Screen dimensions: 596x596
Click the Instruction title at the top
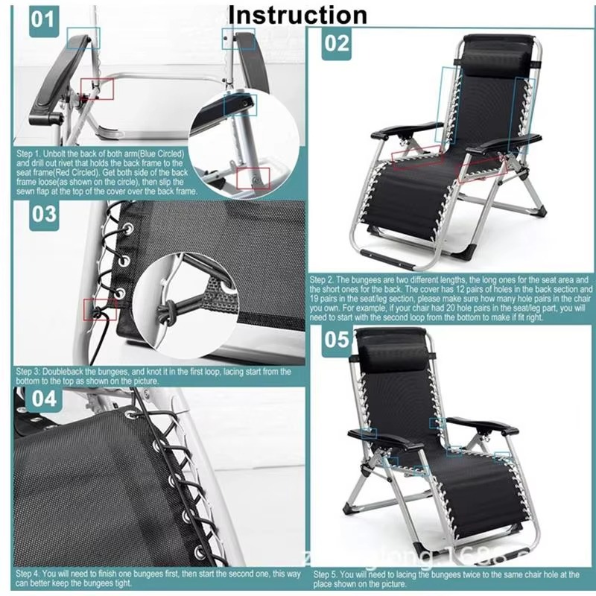coord(298,14)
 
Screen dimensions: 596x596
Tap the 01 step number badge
coord(43,19)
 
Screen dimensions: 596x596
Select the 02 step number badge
coord(336,42)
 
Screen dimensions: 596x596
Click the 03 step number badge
coord(44,215)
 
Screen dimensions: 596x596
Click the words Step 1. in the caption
coord(29,153)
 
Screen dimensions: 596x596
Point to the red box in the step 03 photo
coord(95,308)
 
